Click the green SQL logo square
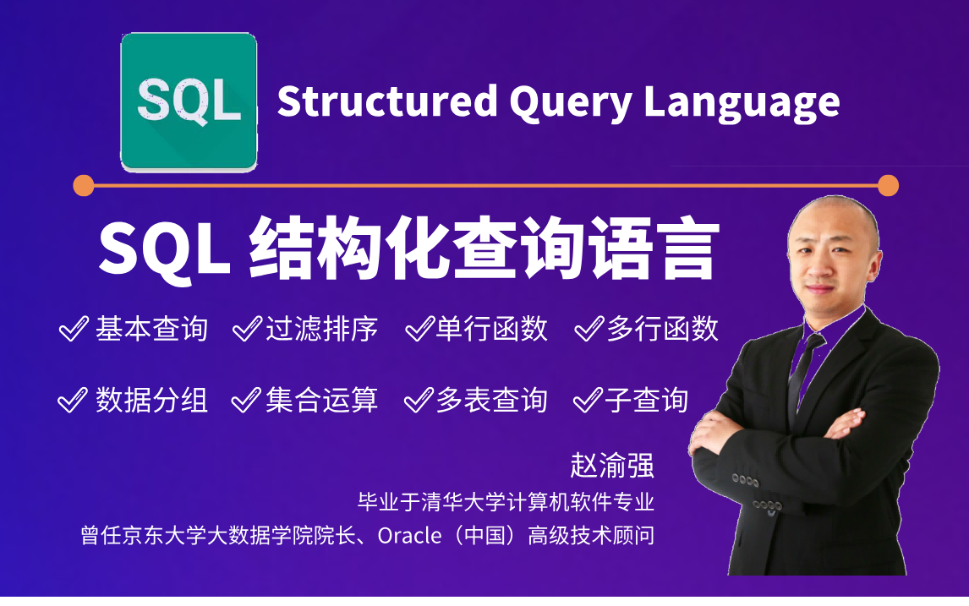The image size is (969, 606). (x=189, y=102)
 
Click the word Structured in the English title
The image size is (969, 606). (x=387, y=101)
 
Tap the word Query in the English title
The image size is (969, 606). (x=570, y=103)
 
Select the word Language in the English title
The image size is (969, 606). (x=742, y=103)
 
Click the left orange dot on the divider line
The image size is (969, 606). (x=84, y=185)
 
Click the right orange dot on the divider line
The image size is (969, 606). (x=888, y=185)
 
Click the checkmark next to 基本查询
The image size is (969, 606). (x=74, y=329)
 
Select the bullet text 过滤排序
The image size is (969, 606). (x=321, y=329)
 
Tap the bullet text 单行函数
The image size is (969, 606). (x=492, y=329)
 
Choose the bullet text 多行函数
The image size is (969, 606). (x=662, y=329)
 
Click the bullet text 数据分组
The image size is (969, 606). (x=151, y=401)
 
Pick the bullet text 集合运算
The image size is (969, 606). (x=321, y=401)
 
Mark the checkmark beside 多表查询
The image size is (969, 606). (x=419, y=401)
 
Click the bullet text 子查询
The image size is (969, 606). (x=646, y=401)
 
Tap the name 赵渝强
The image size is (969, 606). (x=612, y=465)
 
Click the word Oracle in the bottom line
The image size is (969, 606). (x=410, y=536)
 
